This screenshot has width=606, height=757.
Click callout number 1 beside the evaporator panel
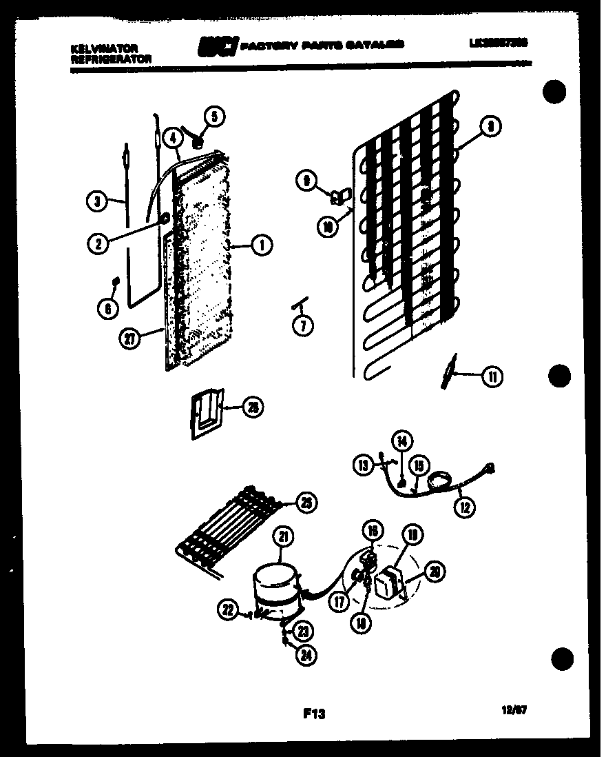(262, 244)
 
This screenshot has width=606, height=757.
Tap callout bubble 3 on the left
(97, 202)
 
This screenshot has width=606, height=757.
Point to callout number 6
(107, 310)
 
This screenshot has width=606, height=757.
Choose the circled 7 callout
(301, 326)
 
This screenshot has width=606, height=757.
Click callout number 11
(492, 376)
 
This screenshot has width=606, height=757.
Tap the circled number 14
(401, 440)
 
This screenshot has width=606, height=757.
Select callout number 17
(338, 601)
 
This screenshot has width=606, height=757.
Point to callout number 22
(229, 607)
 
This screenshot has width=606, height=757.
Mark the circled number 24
(305, 656)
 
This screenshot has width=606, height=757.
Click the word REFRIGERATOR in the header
(111, 59)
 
